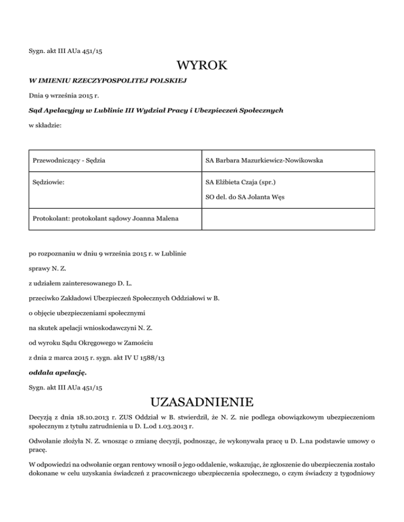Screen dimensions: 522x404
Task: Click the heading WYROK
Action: (202, 67)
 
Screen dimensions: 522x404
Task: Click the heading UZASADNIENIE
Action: (202, 403)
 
